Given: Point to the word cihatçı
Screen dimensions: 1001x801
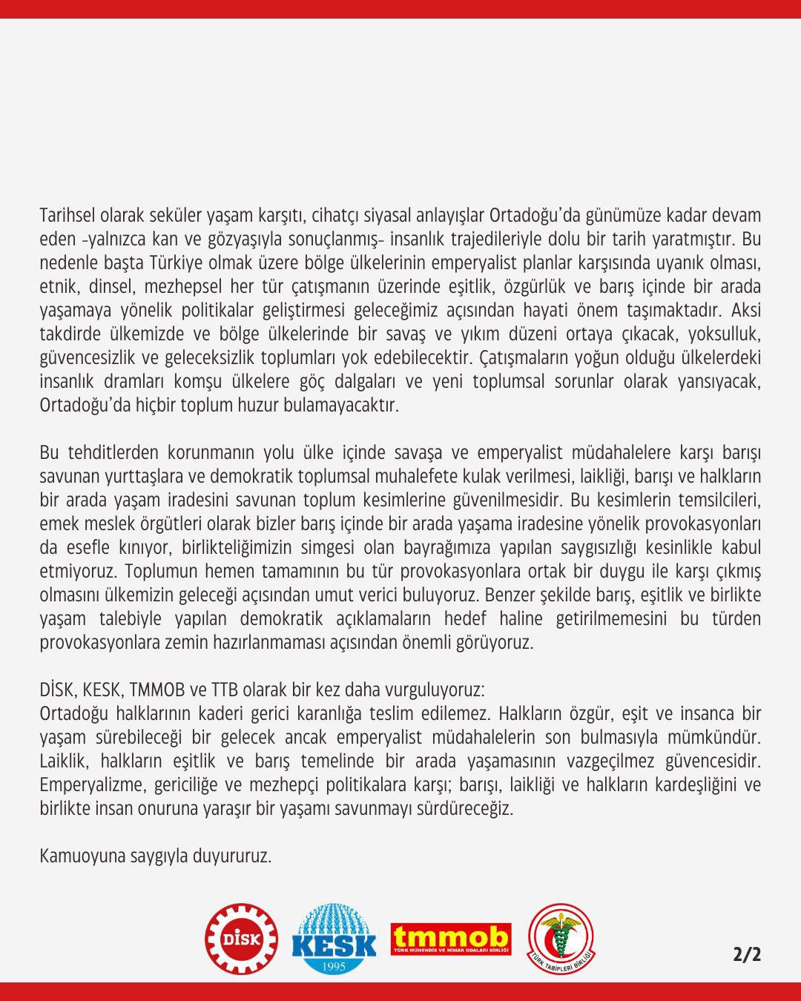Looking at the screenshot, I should pyautogui.click(x=337, y=216).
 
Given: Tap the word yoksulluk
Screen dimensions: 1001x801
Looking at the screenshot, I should pyautogui.click(x=723, y=334).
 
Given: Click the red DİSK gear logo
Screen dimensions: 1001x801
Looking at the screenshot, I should pyautogui.click(x=241, y=939).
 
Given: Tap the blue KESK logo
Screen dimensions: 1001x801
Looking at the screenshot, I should pyautogui.click(x=334, y=939).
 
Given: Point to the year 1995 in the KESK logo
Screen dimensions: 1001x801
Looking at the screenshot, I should pyautogui.click(x=334, y=966).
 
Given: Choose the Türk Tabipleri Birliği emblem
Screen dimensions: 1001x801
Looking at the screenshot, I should pyautogui.click(x=561, y=939).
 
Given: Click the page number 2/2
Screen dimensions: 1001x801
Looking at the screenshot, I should pyautogui.click(x=747, y=954).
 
